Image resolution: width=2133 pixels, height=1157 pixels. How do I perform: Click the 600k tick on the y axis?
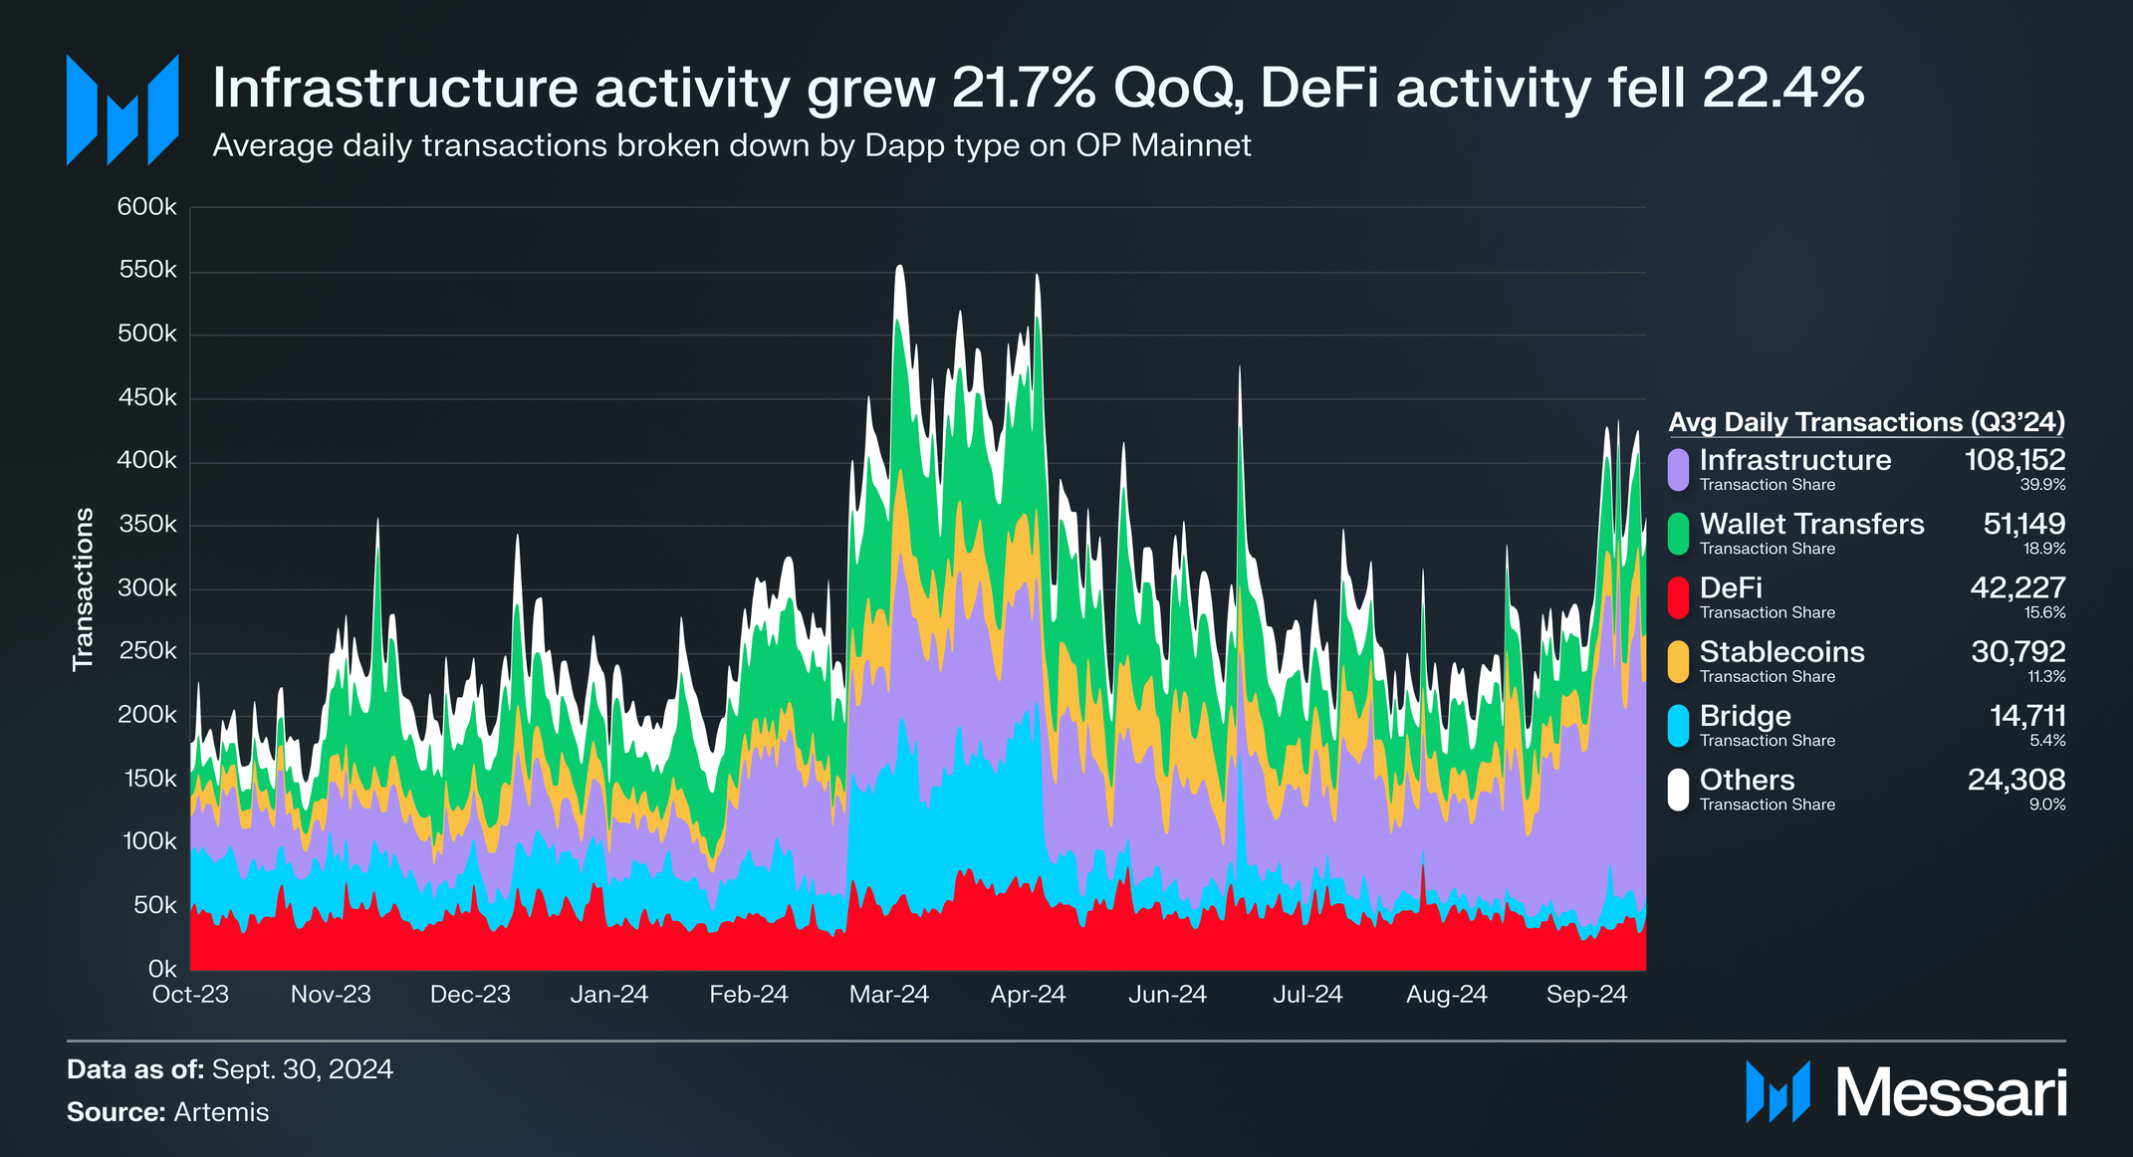(x=146, y=207)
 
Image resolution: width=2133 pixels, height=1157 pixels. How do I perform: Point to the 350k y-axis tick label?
(x=146, y=525)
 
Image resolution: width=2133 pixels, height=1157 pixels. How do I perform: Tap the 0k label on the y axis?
(x=162, y=969)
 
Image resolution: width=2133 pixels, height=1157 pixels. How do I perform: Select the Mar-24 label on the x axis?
(x=888, y=995)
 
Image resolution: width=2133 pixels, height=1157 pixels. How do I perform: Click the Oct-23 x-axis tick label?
(x=190, y=995)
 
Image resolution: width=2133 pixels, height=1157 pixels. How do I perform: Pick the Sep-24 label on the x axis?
(x=1586, y=995)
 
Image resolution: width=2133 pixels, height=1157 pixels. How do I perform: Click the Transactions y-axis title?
(x=84, y=589)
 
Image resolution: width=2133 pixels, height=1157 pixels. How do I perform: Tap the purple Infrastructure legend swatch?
(x=1678, y=470)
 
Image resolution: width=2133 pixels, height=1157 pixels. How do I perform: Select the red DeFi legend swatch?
(x=1678, y=597)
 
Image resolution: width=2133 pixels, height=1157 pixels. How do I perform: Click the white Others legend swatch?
(x=1678, y=790)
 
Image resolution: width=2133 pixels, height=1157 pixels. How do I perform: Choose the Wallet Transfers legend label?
(x=1811, y=524)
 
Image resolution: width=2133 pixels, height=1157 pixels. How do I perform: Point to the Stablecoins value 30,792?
(x=2018, y=651)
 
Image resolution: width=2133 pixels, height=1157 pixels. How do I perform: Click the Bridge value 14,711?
(x=2027, y=716)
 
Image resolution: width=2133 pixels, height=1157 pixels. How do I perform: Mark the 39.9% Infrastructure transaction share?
(x=2042, y=485)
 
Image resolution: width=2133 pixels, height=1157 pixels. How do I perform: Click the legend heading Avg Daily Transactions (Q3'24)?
(x=1866, y=422)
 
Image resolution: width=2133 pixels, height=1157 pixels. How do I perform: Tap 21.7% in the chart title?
(x=1024, y=88)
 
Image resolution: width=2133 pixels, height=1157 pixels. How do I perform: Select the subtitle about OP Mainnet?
(x=732, y=146)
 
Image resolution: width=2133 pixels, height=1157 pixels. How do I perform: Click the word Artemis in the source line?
(x=221, y=1112)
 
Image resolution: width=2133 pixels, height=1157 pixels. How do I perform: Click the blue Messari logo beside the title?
(x=122, y=110)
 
